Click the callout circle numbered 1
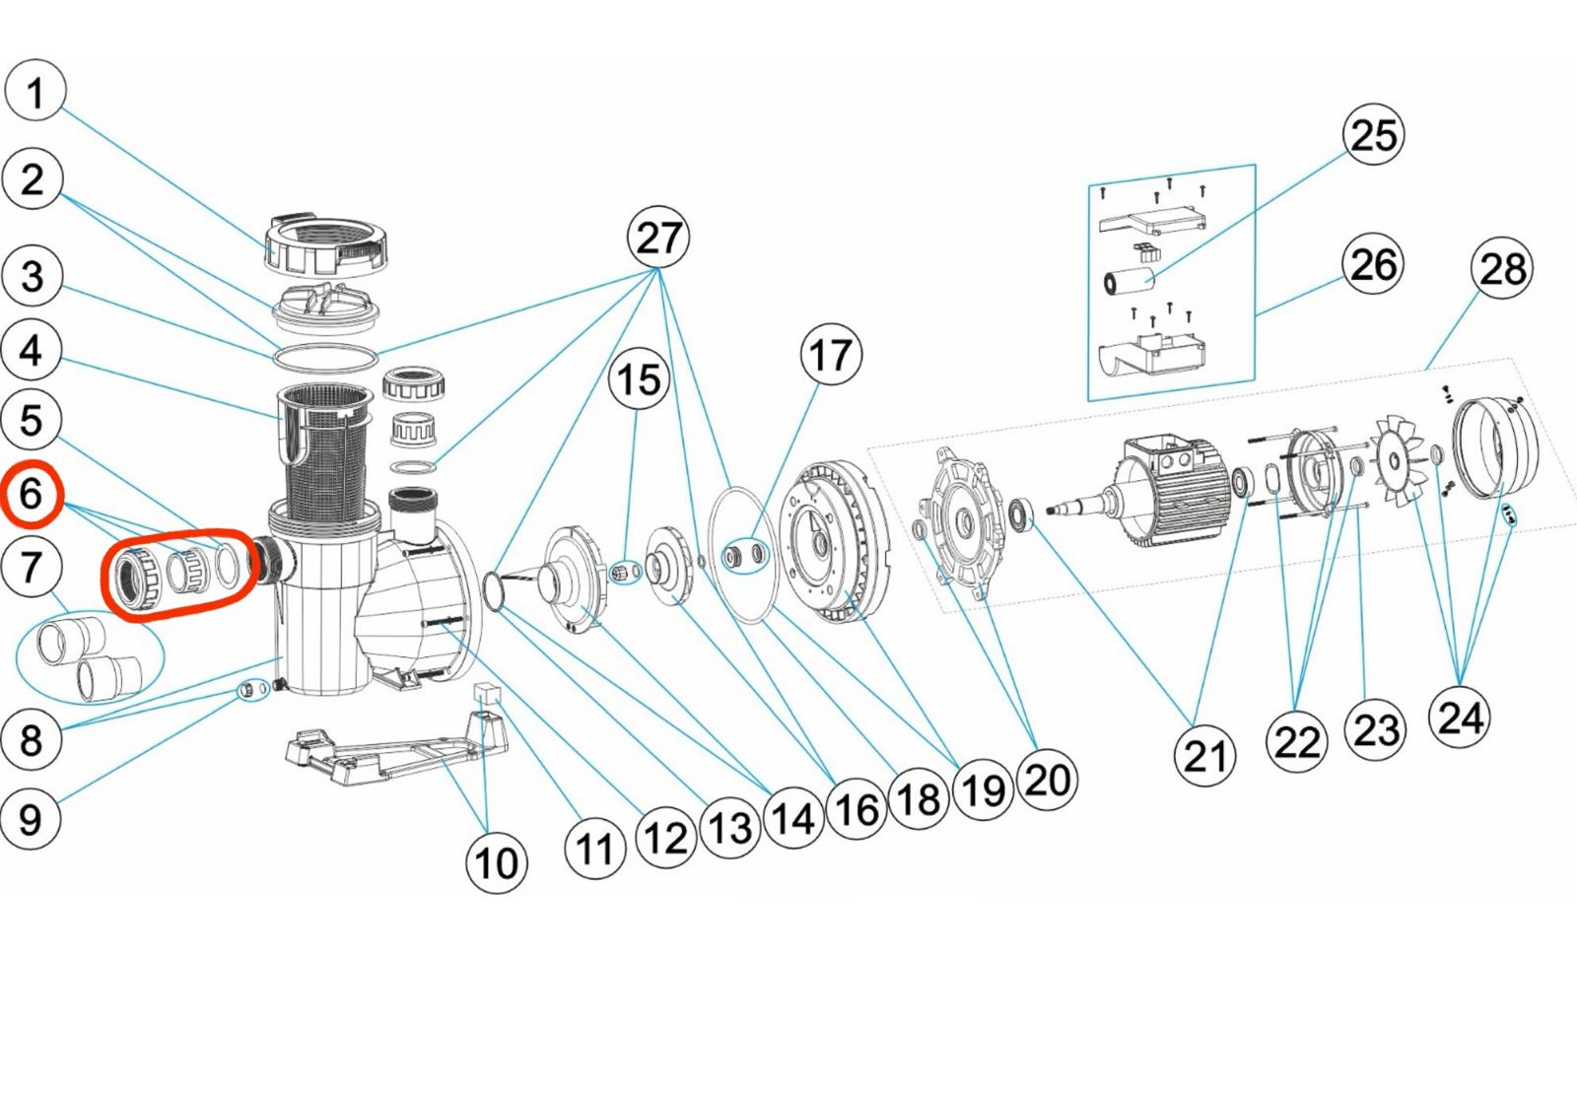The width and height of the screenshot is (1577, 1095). click(x=35, y=92)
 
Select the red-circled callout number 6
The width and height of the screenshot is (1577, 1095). click(x=32, y=494)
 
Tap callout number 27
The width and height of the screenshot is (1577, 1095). click(x=658, y=238)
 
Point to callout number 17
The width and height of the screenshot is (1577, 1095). click(x=831, y=355)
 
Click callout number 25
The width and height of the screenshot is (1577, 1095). click(x=1374, y=134)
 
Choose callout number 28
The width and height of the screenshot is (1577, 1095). click(x=1502, y=268)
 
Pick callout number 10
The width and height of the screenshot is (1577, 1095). click(x=496, y=862)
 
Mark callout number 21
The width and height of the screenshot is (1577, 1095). click(x=1205, y=756)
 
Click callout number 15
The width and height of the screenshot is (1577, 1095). click(x=639, y=379)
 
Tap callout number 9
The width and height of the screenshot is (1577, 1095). click(x=32, y=818)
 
